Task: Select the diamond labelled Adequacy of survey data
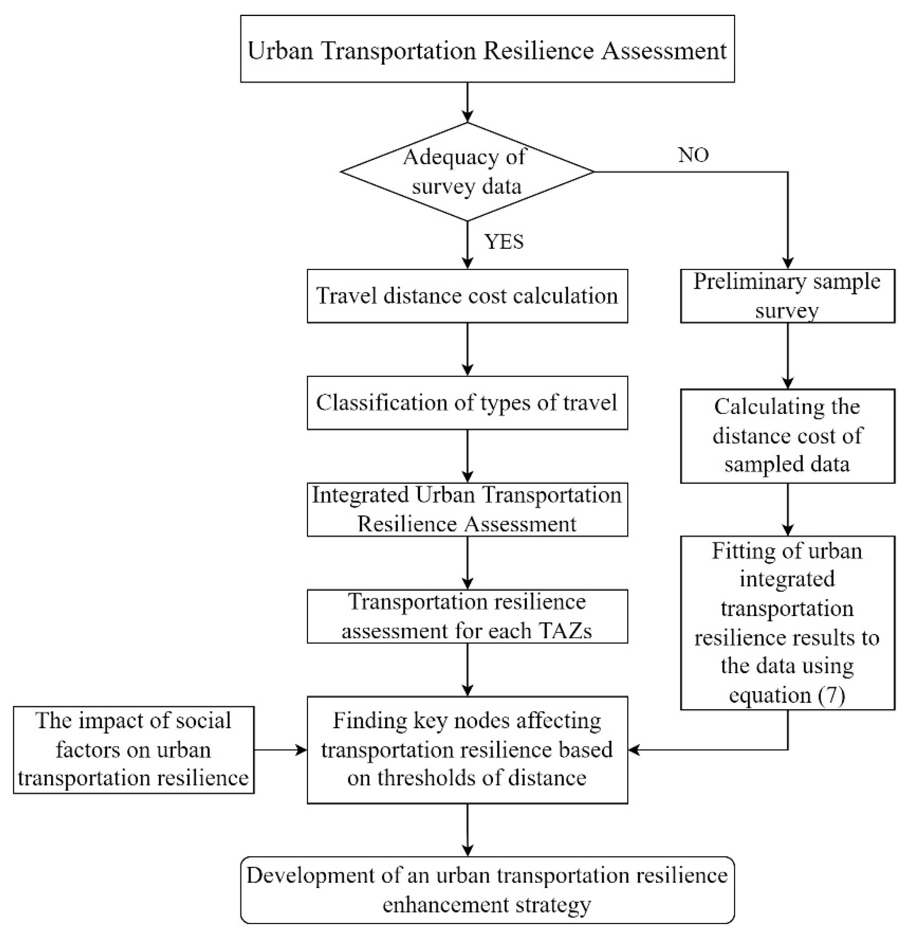pyautogui.click(x=467, y=172)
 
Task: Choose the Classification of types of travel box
pyautogui.click(x=467, y=403)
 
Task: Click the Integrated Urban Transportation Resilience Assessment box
pyautogui.click(x=467, y=509)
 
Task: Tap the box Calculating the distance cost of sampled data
pyautogui.click(x=787, y=436)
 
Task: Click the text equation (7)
pyautogui.click(x=787, y=694)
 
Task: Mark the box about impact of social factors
pyautogui.click(x=133, y=750)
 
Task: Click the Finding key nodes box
pyautogui.click(x=467, y=750)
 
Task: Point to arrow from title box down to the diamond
pyautogui.click(x=467, y=102)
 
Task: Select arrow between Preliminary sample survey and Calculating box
pyautogui.click(x=787, y=356)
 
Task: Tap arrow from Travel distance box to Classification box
pyautogui.click(x=467, y=349)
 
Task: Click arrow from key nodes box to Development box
pyautogui.click(x=467, y=830)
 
